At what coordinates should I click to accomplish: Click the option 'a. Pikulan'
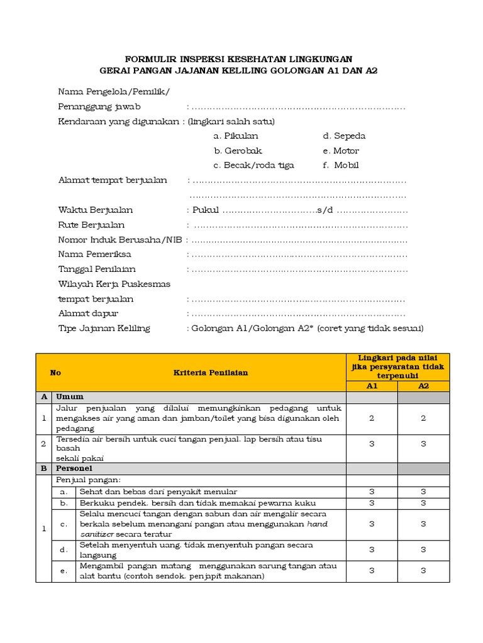236,136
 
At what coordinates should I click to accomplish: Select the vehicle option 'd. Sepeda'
344,136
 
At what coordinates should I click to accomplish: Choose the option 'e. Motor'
341,151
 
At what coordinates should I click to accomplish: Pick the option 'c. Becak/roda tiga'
253,166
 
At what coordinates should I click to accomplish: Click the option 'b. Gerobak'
238,151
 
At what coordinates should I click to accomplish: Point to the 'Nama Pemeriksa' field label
95,254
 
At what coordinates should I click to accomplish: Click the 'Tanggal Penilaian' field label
97,269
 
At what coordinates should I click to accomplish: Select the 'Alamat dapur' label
88,313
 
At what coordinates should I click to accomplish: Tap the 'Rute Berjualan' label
91,225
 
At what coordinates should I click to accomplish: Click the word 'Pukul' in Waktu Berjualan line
206,210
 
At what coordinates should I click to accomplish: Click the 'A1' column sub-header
372,386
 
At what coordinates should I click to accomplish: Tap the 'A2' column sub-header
423,386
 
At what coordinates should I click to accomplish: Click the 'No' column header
55,372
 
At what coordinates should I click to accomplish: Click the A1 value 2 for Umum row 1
372,418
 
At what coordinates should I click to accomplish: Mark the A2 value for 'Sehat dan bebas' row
423,492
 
